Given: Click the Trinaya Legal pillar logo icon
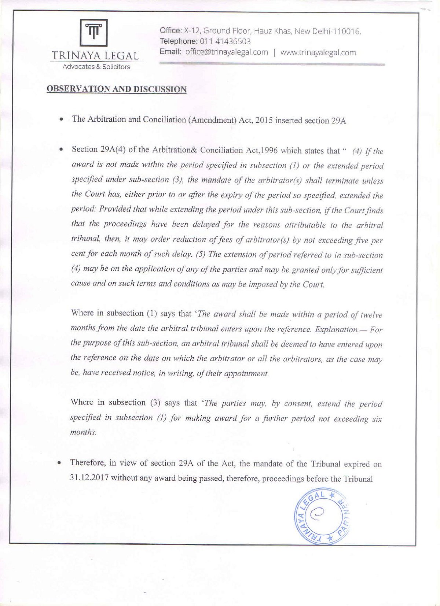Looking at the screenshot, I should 94,33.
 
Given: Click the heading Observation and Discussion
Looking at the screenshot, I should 117,89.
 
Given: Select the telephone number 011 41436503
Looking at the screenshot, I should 224,41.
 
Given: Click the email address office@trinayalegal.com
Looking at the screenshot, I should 226,52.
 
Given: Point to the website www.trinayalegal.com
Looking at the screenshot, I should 318,52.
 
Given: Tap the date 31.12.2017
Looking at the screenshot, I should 89,478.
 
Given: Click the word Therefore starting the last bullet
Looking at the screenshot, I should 88,463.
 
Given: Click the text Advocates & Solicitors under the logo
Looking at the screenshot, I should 96,67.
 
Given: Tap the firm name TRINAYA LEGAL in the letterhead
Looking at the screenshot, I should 95,56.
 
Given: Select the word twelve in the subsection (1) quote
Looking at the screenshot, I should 371,315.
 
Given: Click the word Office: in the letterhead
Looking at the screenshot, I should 170,31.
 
